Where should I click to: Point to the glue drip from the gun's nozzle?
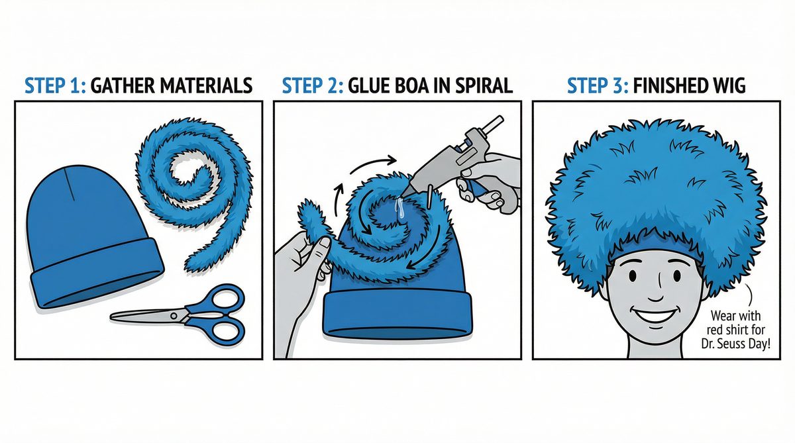pyautogui.click(x=399, y=210)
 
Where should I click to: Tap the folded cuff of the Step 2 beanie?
pyautogui.click(x=397, y=315)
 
